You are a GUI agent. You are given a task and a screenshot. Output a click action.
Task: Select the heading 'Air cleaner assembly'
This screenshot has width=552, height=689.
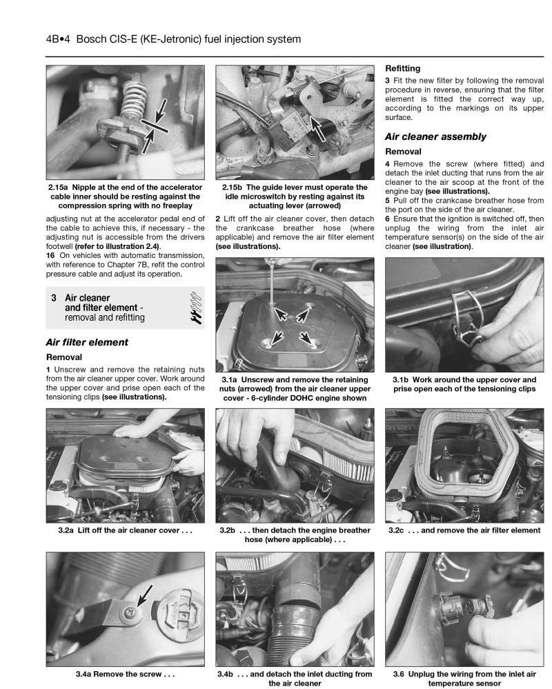click(x=435, y=137)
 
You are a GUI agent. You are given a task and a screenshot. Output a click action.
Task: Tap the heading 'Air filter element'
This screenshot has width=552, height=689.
click(x=86, y=342)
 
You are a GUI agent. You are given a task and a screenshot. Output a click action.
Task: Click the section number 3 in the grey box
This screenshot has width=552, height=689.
click(x=53, y=297)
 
